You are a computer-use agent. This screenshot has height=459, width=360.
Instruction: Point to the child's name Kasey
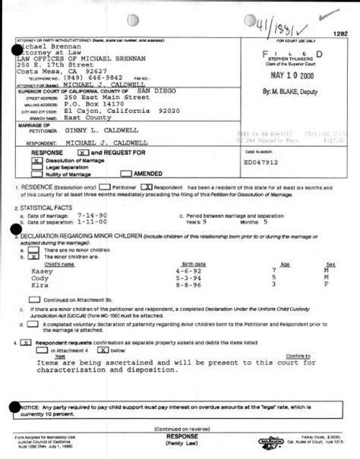[42, 270]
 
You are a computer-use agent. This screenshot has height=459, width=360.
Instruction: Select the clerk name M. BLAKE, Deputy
[292, 91]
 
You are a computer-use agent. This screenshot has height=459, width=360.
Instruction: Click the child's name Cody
[39, 278]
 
